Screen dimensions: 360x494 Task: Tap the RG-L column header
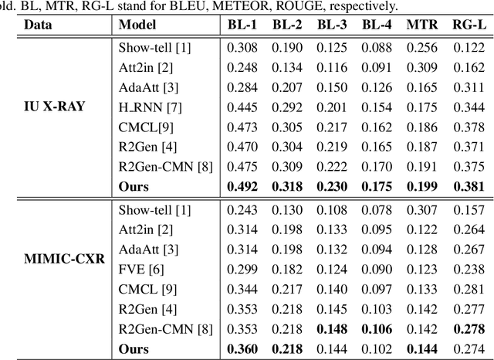469,25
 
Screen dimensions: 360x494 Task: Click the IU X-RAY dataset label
54,105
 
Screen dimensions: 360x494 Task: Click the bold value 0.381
469,185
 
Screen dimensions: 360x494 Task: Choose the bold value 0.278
469,329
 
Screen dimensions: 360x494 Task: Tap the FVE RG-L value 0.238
469,269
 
